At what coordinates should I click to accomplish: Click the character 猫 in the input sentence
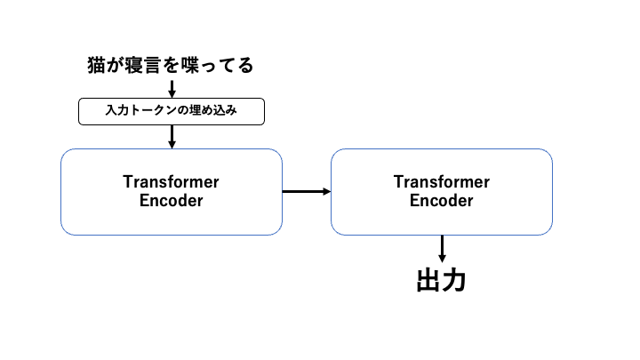coord(96,65)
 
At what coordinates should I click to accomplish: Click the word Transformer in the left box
coord(171,182)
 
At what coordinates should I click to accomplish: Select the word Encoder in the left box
coord(171,200)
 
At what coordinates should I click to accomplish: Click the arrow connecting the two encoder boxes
coord(307,191)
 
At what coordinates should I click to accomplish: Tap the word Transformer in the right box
coord(441,182)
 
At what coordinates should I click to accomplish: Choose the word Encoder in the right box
coord(441,200)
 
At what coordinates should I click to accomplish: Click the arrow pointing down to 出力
coord(442,248)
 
